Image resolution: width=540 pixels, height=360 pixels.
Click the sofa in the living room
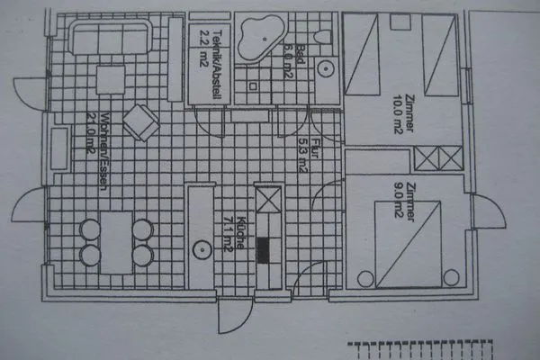point(112,41)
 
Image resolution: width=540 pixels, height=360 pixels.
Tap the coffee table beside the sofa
point(111,79)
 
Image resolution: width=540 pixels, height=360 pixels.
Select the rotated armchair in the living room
point(139,122)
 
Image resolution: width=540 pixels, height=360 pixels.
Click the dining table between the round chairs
point(116,240)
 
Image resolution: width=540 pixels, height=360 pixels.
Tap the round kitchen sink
point(198,247)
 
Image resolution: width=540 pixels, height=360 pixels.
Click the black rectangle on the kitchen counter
point(265,249)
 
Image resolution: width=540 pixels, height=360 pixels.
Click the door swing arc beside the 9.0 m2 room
point(490,213)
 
